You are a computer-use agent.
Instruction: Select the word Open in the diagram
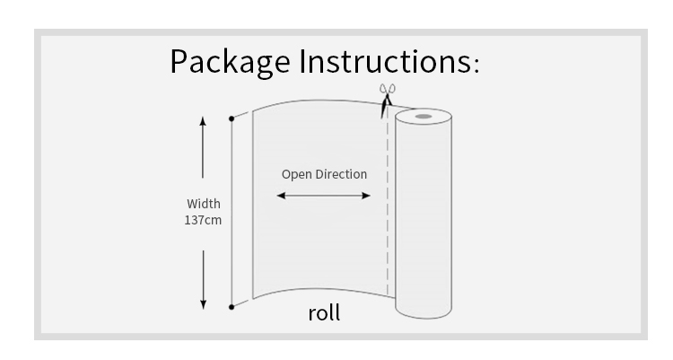pos(297,174)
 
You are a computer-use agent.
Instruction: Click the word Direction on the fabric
pos(341,174)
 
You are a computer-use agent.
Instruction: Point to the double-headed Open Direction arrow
pos(323,195)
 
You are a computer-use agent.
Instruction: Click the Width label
pos(203,204)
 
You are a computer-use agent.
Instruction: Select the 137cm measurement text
pos(203,219)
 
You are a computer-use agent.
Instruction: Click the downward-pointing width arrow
pos(203,277)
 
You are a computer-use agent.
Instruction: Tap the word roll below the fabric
pos(324,314)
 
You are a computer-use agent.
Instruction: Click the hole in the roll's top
pos(422,116)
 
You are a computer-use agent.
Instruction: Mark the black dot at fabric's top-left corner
pos(232,118)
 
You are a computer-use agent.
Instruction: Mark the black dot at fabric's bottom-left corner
pos(232,307)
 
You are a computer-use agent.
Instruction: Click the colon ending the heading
pos(476,66)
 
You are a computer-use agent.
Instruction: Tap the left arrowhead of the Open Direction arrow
pos(280,195)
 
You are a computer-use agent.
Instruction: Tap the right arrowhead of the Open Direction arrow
pos(367,195)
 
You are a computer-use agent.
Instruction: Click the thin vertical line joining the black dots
pos(232,212)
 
